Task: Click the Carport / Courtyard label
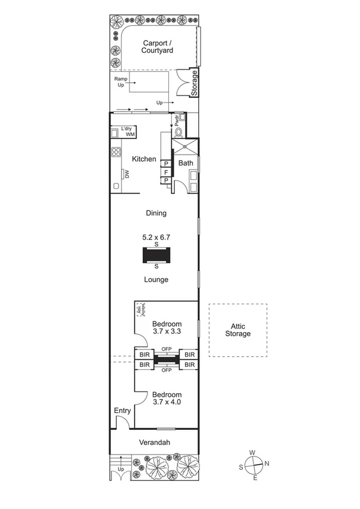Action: tap(158, 47)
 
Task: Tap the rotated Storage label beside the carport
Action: tap(194, 83)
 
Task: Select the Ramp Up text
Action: tap(121, 82)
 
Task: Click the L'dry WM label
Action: tap(127, 132)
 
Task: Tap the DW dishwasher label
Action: tap(127, 174)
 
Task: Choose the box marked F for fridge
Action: tap(167, 172)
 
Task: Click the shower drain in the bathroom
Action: tap(186, 146)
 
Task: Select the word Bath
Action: tap(186, 162)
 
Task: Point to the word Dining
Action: tap(156, 213)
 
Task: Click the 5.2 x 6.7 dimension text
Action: tap(156, 237)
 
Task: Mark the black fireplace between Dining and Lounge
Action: tap(156, 255)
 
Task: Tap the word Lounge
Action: tap(156, 279)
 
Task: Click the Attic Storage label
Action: tap(238, 330)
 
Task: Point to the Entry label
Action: tap(122, 411)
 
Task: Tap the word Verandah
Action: tap(155, 443)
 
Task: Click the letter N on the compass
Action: tap(267, 463)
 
